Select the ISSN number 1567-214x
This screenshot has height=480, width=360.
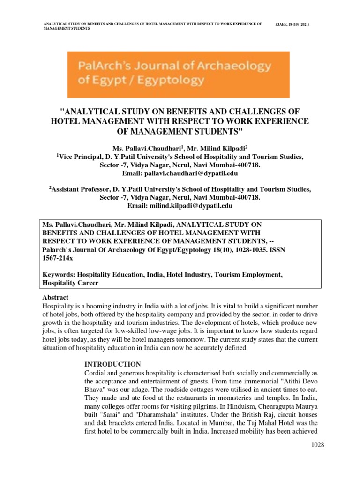(54, 258)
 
